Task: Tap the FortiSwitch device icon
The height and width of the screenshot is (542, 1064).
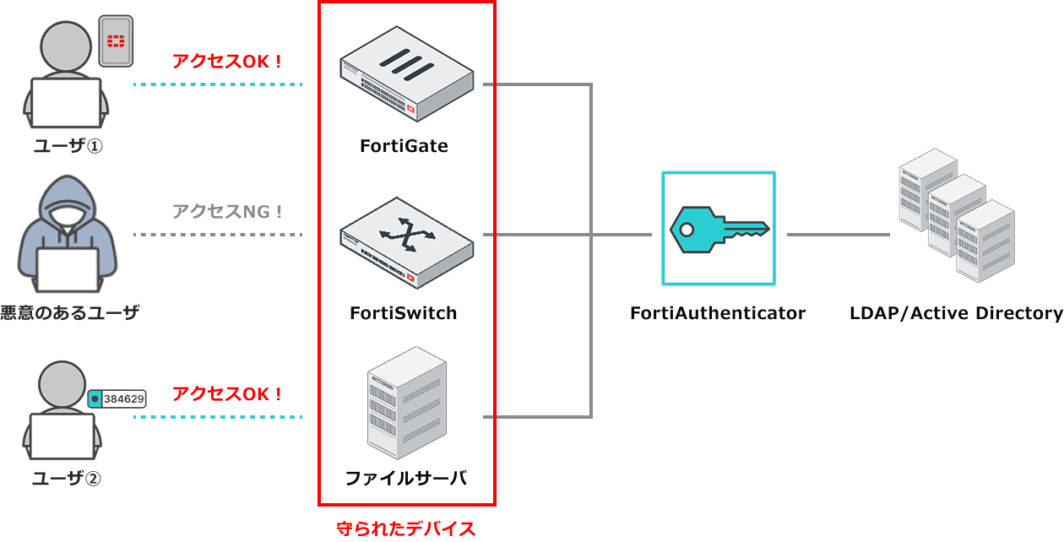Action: pos(406,239)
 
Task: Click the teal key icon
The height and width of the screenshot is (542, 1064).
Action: pos(719,228)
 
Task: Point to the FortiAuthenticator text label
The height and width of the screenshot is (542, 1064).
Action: pos(718,313)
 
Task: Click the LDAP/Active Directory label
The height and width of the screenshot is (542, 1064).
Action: pos(956,313)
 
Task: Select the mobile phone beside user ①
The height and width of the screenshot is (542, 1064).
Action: pos(116,40)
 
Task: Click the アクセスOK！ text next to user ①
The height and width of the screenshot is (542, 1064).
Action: pos(227,61)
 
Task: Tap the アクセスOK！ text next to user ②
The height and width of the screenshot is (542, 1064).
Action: pos(227,393)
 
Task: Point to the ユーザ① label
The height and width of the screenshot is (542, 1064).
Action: pos(68,146)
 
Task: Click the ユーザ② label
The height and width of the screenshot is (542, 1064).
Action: pos(67,479)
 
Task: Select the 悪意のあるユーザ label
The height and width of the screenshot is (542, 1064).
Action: pos(69,313)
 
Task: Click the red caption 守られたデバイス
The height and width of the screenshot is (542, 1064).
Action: pos(406,529)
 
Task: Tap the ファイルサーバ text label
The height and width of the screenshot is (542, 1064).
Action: pos(406,479)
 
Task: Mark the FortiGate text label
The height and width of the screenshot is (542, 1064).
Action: pos(404,146)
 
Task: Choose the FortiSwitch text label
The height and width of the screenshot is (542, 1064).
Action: pos(404,313)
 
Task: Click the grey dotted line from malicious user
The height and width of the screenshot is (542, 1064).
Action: pos(218,234)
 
